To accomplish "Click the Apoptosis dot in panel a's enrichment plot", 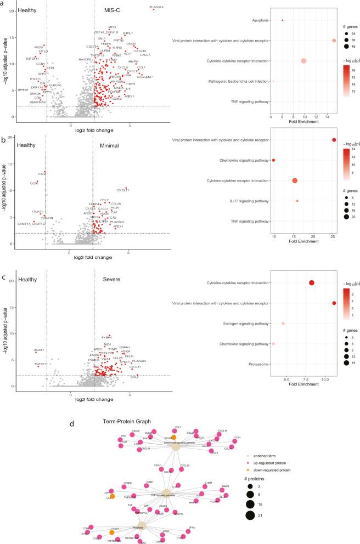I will tap(283, 20).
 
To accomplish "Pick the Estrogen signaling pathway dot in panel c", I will tap(283, 324).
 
